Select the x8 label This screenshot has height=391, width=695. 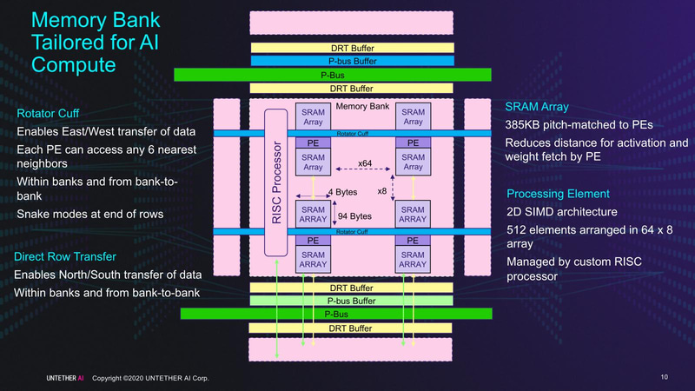(x=381, y=191)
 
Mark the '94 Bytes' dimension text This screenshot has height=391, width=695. (x=354, y=216)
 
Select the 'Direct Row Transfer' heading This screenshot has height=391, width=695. (x=65, y=257)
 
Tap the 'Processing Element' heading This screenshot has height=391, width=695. (x=557, y=193)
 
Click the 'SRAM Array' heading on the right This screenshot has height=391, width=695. (x=536, y=107)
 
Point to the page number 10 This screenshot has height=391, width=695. (x=664, y=377)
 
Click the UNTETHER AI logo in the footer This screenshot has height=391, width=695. (x=66, y=378)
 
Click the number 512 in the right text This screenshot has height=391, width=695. (x=516, y=229)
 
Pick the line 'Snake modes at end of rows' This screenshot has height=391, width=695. (x=90, y=215)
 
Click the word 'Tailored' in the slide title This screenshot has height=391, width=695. (x=67, y=42)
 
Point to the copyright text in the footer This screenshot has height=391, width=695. (x=150, y=378)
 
